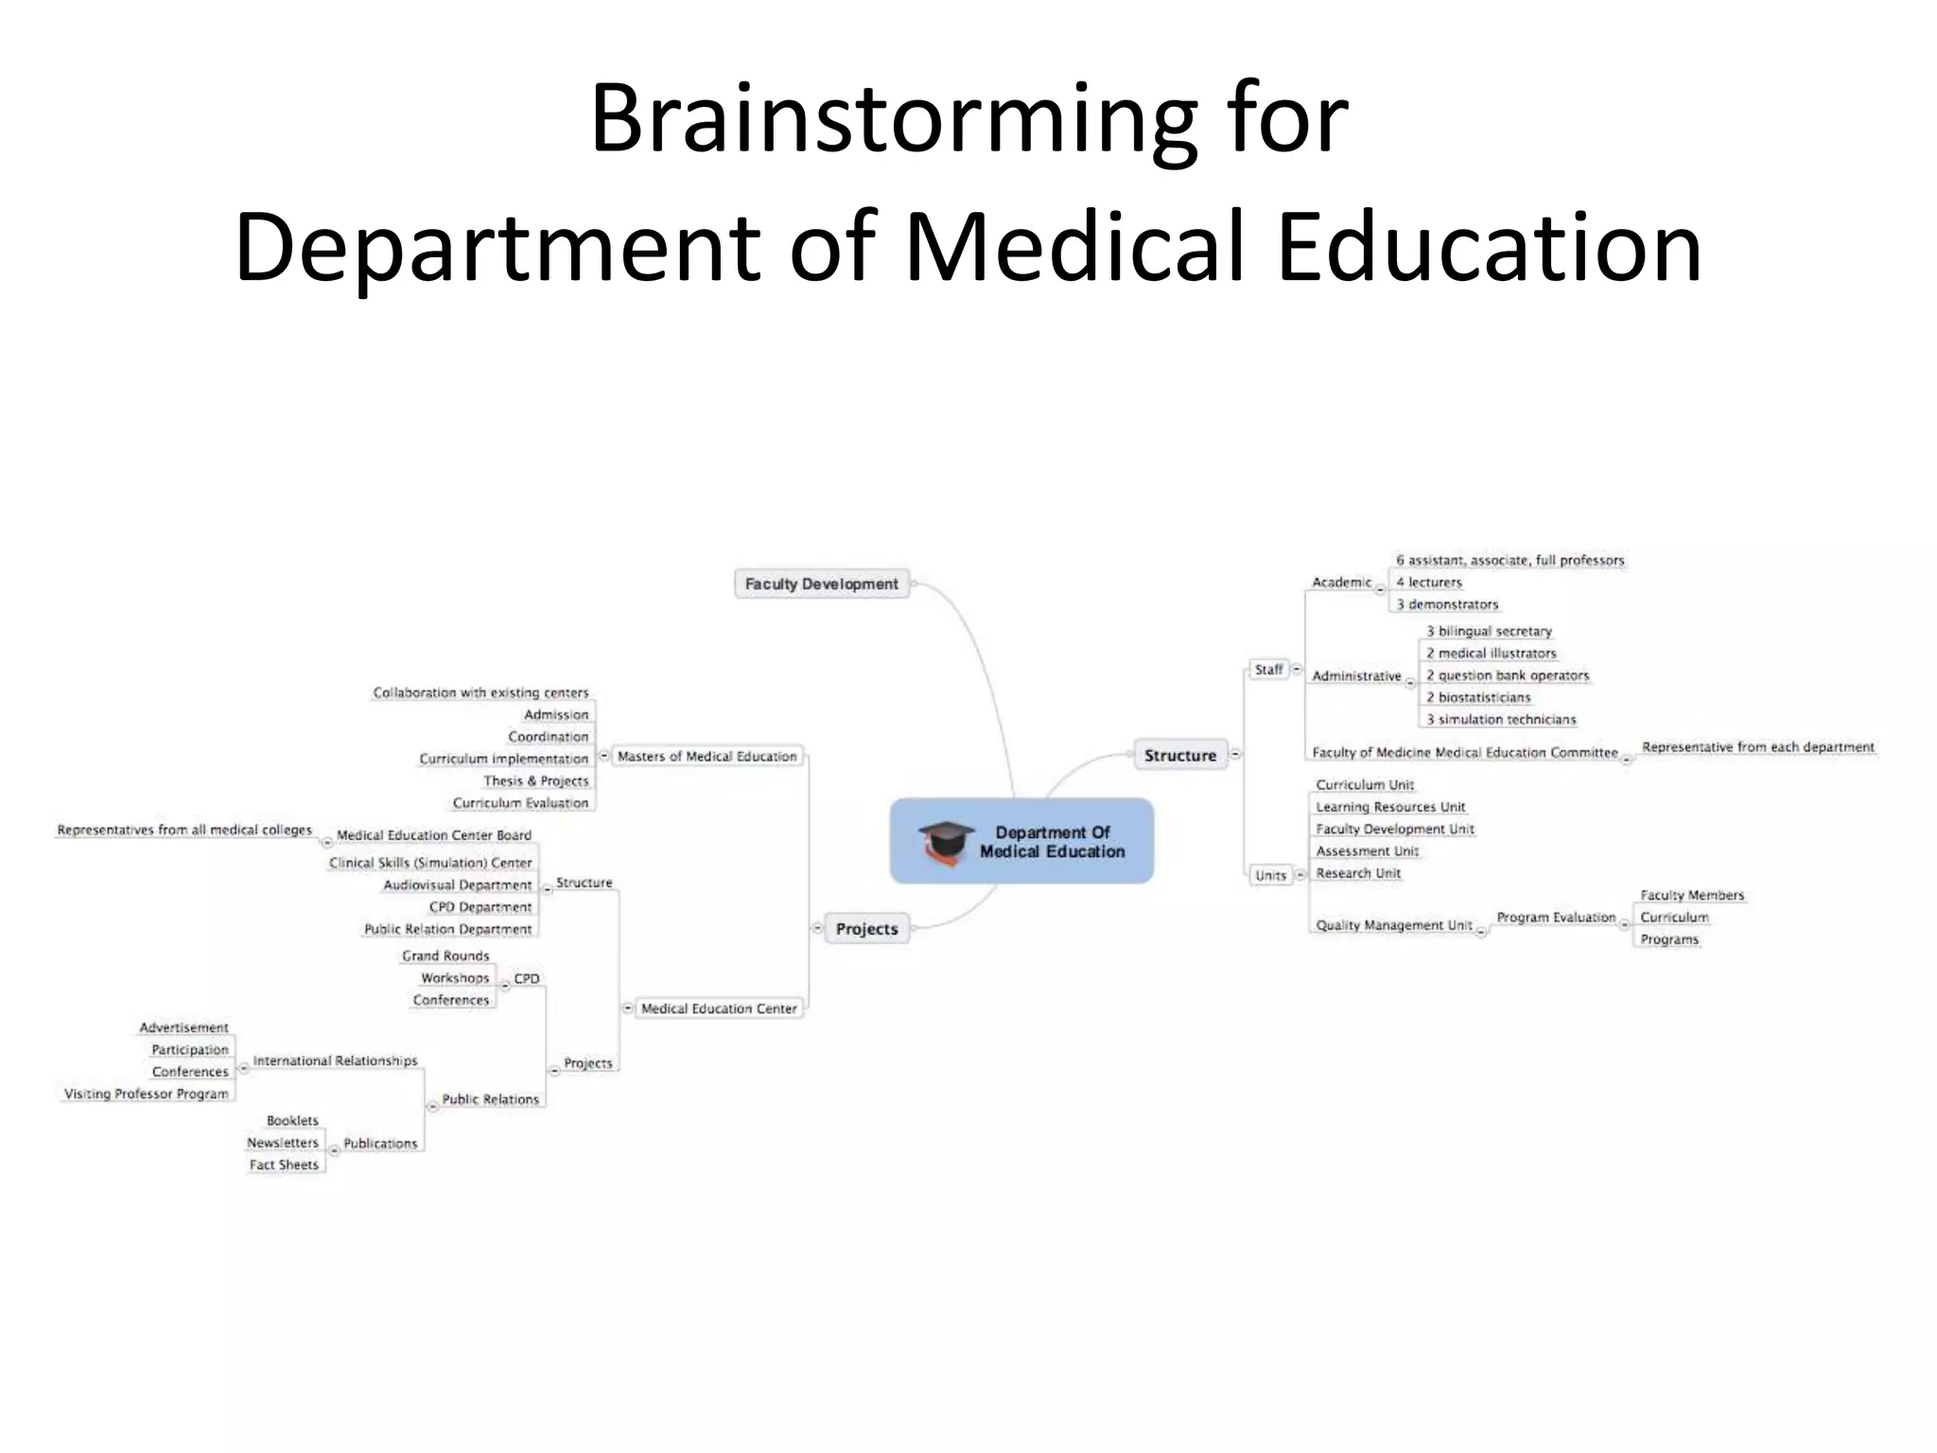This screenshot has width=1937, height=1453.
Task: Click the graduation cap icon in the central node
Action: pyautogui.click(x=945, y=841)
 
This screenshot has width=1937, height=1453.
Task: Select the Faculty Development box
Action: pyautogui.click(x=821, y=584)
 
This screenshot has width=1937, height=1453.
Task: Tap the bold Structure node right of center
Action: pyautogui.click(x=1179, y=755)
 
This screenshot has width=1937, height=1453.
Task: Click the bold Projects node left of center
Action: pyautogui.click(x=866, y=929)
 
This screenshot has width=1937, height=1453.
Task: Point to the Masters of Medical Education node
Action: pyautogui.click(x=707, y=756)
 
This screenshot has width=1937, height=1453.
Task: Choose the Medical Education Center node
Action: pyautogui.click(x=719, y=1008)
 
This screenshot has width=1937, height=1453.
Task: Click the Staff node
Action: pyautogui.click(x=1268, y=670)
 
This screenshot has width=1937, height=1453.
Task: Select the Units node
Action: pyautogui.click(x=1270, y=875)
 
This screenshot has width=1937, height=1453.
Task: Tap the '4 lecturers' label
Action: pyautogui.click(x=1429, y=583)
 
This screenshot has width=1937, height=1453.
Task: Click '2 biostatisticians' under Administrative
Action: pyautogui.click(x=1478, y=697)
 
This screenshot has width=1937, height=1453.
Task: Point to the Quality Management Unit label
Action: pyautogui.click(x=1394, y=925)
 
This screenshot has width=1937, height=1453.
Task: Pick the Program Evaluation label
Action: pyautogui.click(x=1556, y=918)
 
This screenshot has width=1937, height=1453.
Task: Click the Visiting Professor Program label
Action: pyautogui.click(x=147, y=1094)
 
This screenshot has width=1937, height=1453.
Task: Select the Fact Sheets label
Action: pyautogui.click(x=284, y=1164)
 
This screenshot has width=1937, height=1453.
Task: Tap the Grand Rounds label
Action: pyautogui.click(x=445, y=955)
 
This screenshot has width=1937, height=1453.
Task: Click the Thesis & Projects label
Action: pyautogui.click(x=535, y=780)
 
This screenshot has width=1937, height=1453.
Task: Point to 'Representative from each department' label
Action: pyautogui.click(x=1757, y=747)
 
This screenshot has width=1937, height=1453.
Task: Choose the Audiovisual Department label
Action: pyautogui.click(x=458, y=884)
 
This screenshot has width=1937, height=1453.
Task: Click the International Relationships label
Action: pyautogui.click(x=335, y=1060)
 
